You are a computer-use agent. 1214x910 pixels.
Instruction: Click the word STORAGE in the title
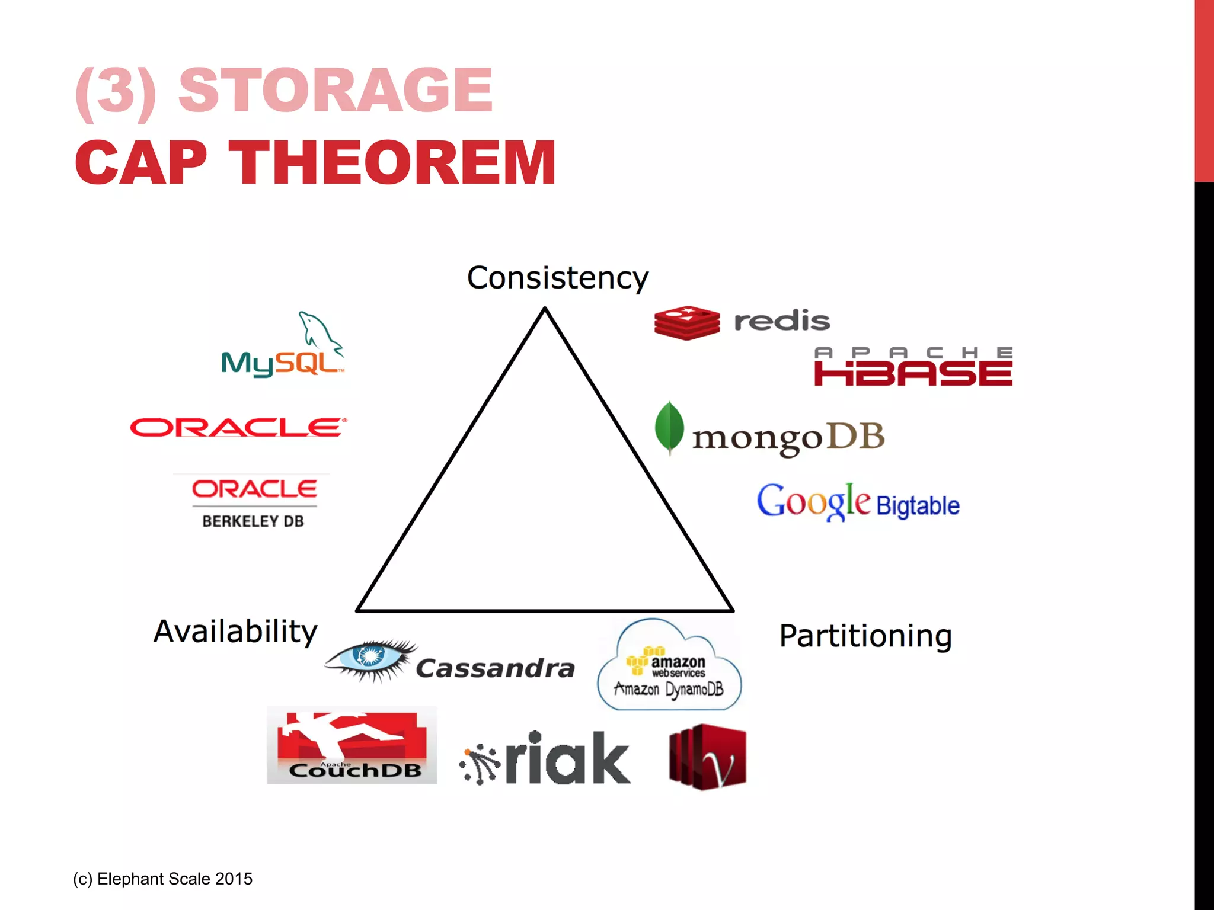336,90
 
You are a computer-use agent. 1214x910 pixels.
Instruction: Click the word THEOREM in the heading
392,163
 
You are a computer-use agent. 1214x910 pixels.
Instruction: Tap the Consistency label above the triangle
557,278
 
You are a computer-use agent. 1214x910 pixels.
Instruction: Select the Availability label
235,632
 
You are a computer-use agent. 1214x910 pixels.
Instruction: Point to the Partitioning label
865,636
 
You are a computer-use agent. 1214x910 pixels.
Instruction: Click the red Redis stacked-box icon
686,323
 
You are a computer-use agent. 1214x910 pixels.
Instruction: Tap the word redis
781,322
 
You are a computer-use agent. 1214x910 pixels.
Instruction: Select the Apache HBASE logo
913,367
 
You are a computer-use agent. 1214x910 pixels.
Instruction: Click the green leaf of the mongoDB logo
669,428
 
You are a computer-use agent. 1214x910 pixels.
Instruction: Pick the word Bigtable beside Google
918,506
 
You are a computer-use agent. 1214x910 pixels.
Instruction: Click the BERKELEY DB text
253,521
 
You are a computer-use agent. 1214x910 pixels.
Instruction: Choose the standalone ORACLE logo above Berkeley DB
238,427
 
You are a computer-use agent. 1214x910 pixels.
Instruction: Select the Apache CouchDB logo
352,745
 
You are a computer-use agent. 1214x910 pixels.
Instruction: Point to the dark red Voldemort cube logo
707,757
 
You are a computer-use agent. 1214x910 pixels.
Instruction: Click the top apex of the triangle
545,309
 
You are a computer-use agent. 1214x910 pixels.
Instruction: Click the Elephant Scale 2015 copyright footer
163,879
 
